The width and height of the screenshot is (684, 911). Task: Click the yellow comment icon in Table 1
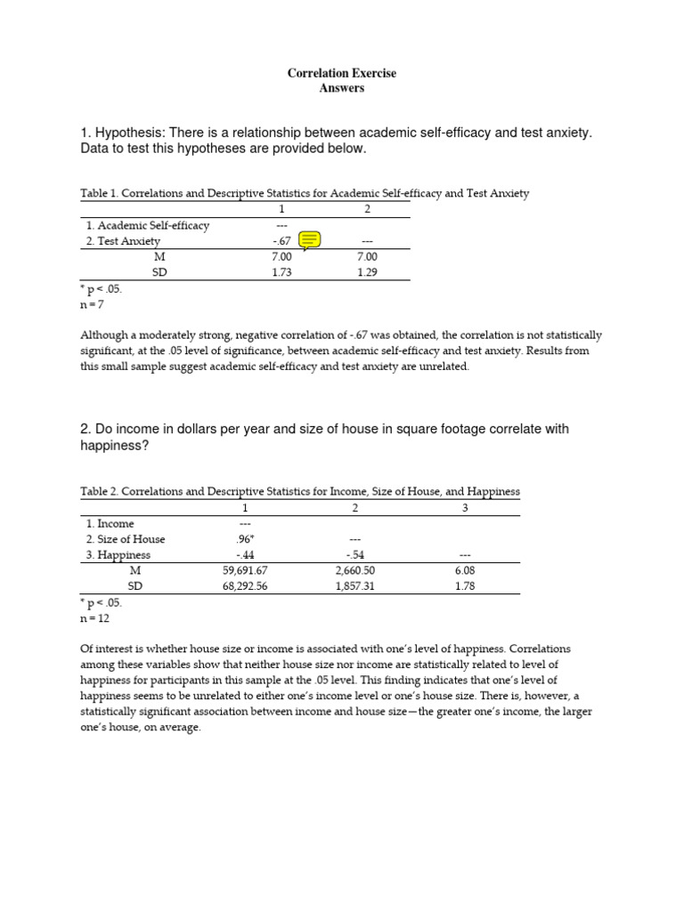(310, 239)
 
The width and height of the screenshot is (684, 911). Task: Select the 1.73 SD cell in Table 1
(281, 273)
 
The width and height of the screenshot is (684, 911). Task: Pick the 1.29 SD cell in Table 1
(367, 273)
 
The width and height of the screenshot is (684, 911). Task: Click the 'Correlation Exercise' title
(341, 73)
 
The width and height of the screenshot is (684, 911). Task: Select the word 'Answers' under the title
(342, 88)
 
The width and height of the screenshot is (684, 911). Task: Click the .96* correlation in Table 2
(244, 539)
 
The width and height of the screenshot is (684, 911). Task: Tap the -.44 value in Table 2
(243, 555)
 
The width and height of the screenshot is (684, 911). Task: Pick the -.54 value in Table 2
(354, 555)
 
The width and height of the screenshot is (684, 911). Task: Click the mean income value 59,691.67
(243, 570)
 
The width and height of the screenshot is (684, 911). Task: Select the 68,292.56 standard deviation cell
(243, 586)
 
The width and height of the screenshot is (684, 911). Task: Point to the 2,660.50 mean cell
(354, 570)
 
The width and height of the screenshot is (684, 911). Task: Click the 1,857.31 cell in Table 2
(354, 586)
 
